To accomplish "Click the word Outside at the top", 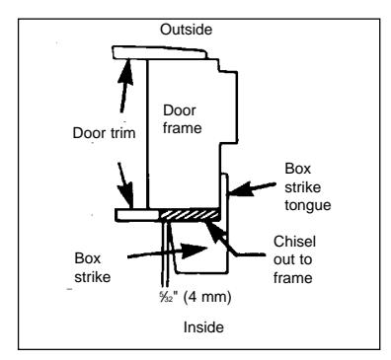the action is (x=186, y=30).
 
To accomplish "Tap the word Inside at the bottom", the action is (x=203, y=327).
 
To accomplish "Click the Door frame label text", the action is (x=182, y=119).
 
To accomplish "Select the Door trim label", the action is (x=104, y=133).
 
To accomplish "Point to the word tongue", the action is (x=308, y=206).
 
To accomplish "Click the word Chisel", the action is (x=294, y=242).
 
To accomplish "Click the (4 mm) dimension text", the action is (x=207, y=297).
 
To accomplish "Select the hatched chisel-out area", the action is (x=189, y=215).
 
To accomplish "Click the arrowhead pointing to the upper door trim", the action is (x=126, y=72).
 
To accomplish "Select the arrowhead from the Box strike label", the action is (x=195, y=251).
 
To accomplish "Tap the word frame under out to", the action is (x=293, y=278).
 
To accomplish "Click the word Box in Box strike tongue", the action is (x=298, y=169).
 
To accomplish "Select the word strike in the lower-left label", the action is (x=93, y=277).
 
